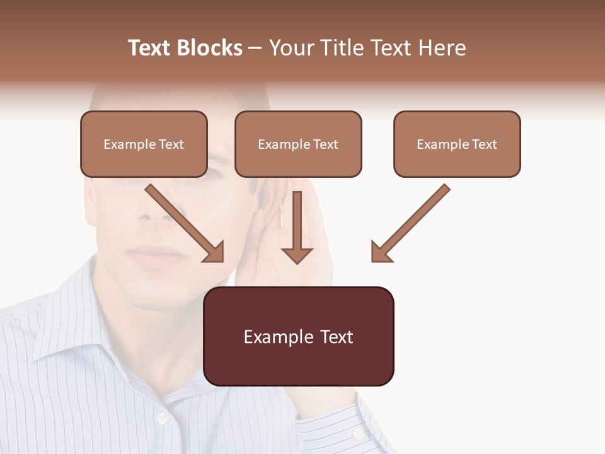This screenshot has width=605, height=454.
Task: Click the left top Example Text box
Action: pyautogui.click(x=144, y=144)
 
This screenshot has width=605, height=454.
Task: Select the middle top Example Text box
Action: pyautogui.click(x=298, y=144)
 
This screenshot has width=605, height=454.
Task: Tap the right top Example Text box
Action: pyautogui.click(x=457, y=144)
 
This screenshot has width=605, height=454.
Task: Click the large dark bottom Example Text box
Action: pyautogui.click(x=299, y=337)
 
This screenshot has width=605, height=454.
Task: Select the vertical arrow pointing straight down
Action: pyautogui.click(x=297, y=227)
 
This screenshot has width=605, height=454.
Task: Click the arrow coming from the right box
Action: pyautogui.click(x=410, y=223)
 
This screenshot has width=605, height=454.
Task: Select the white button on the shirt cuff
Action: pyautogui.click(x=357, y=434)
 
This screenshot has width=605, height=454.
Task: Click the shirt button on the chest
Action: pyautogui.click(x=163, y=417)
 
